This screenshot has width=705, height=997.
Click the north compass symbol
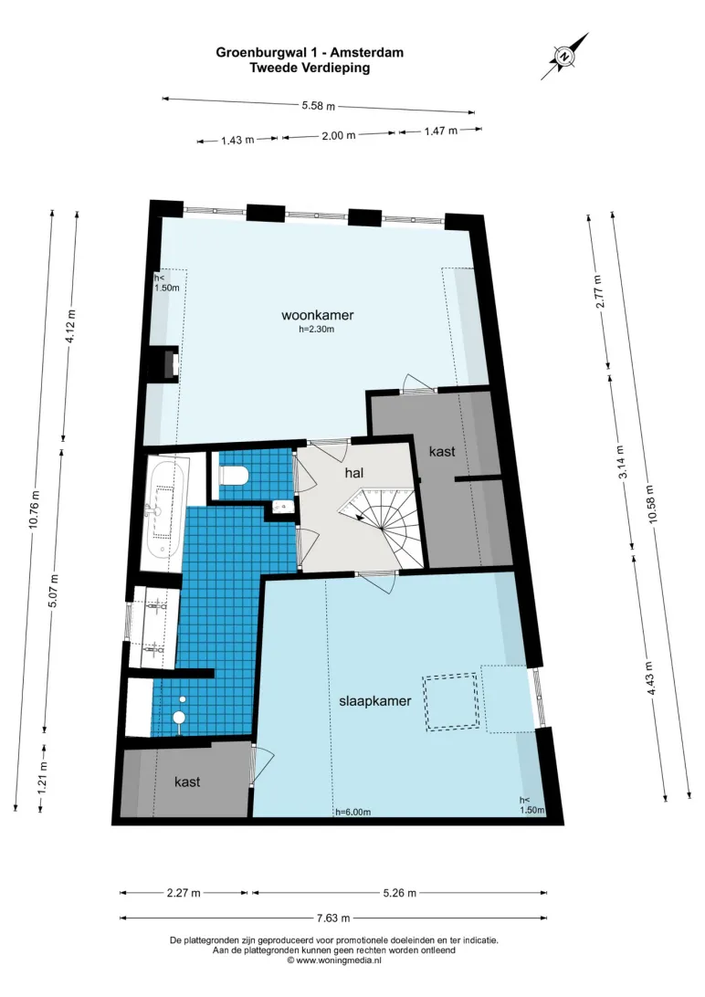(x=563, y=57)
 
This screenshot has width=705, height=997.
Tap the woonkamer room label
(x=317, y=315)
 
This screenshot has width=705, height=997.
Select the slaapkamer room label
(x=375, y=700)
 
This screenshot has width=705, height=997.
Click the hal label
(x=354, y=472)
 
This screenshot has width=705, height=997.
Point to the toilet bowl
(x=233, y=475)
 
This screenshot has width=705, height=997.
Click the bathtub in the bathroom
(x=165, y=508)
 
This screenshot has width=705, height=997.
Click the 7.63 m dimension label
(x=333, y=918)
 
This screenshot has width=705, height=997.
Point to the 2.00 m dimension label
(x=338, y=135)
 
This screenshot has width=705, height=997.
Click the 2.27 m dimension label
(x=184, y=893)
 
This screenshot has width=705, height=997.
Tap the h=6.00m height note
(x=352, y=812)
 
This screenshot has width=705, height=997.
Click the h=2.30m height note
(x=317, y=330)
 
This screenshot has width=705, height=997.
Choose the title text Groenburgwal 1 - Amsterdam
(x=310, y=52)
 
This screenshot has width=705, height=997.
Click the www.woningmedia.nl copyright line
(x=334, y=960)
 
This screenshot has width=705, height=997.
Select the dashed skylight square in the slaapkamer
(x=451, y=702)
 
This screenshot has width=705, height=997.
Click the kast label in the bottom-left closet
(x=187, y=782)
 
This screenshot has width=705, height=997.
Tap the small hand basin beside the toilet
(x=282, y=506)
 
